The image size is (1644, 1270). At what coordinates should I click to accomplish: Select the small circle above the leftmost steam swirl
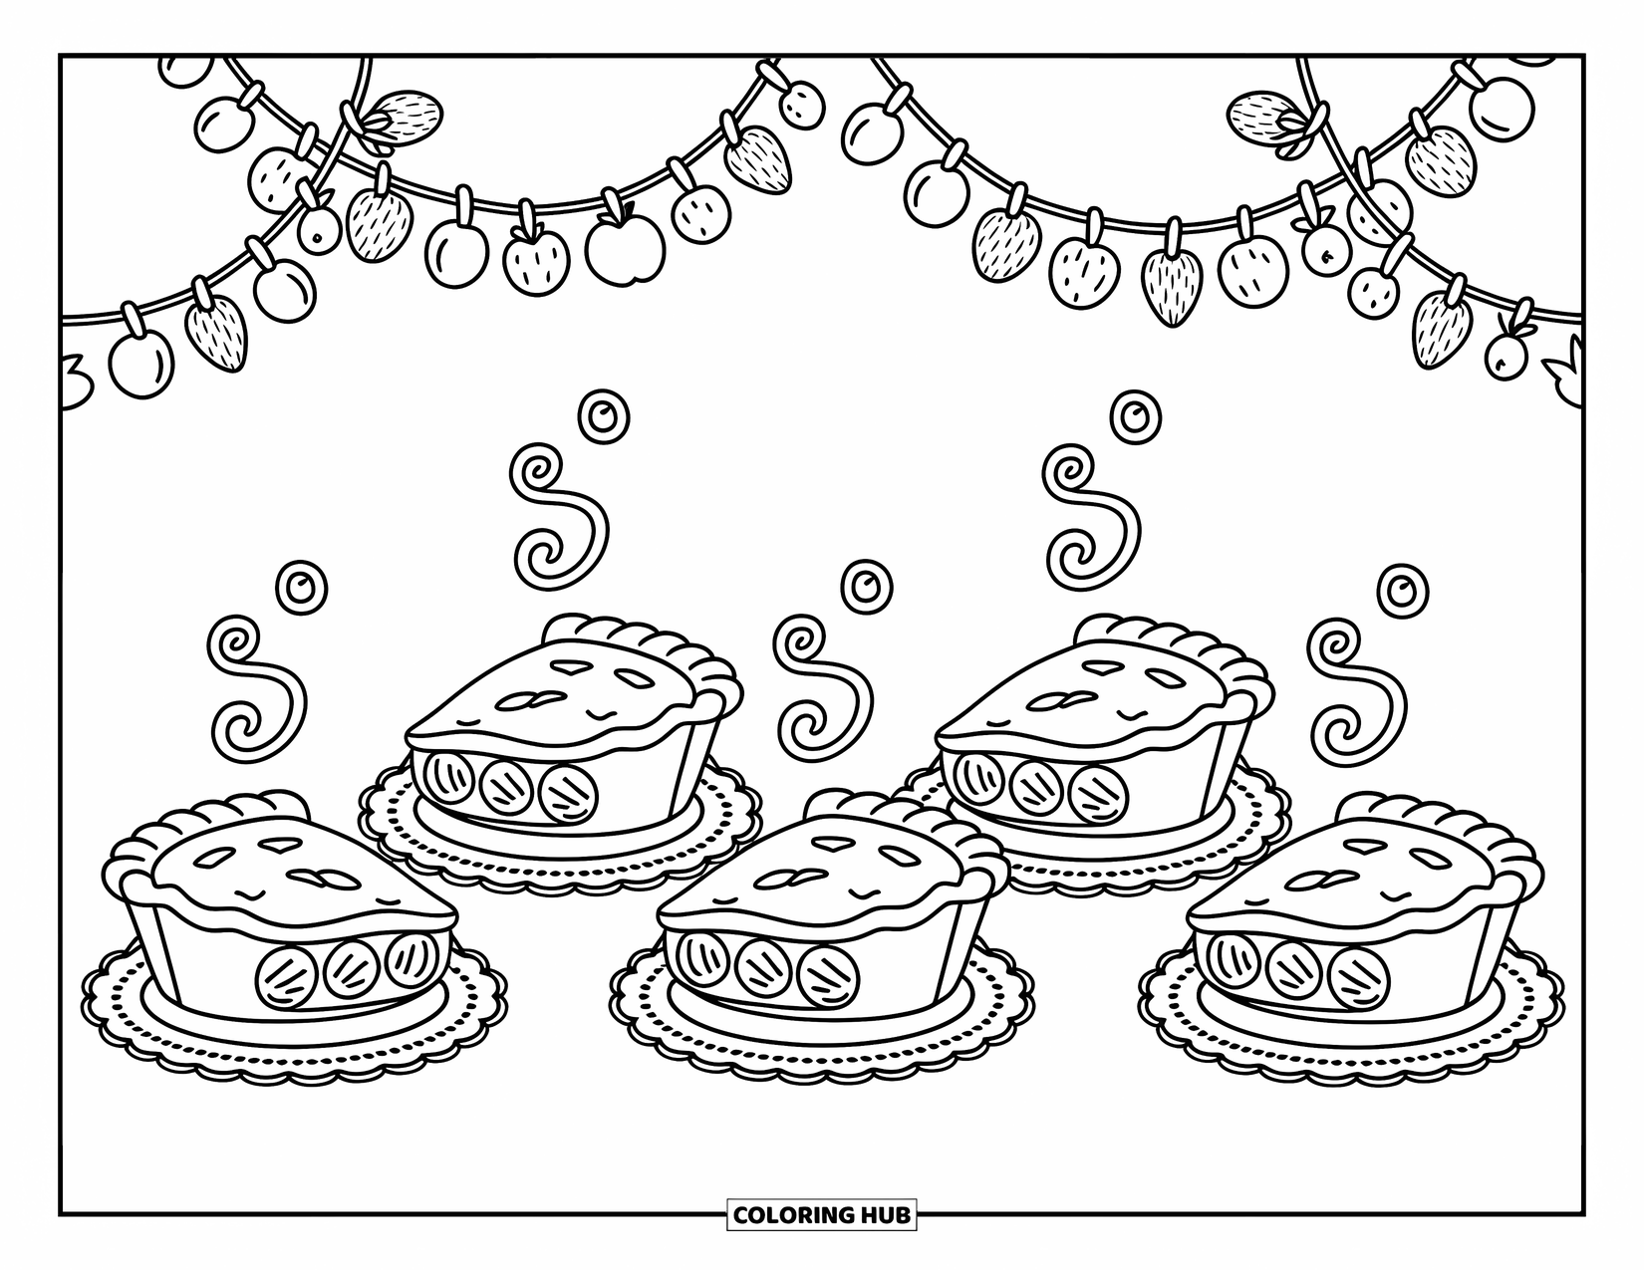300,586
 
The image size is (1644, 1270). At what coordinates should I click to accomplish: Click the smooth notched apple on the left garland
625,244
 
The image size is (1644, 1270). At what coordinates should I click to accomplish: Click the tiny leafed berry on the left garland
319,227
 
